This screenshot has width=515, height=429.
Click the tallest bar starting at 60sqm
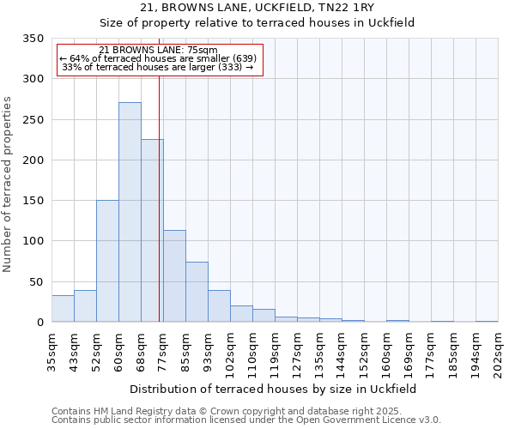[x=130, y=212]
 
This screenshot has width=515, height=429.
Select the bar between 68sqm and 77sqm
[x=152, y=230]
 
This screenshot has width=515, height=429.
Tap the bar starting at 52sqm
[x=107, y=261]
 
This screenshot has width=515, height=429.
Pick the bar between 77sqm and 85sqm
[x=174, y=275]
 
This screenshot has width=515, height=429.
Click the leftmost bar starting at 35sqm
[x=63, y=308]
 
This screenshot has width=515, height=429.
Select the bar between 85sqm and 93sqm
[x=197, y=292]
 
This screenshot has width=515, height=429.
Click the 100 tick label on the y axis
[x=33, y=241]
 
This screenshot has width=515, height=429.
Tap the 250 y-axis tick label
[x=33, y=120]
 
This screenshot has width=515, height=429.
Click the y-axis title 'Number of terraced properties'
[x=8, y=184]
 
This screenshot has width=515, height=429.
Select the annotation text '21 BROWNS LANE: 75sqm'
[x=158, y=51]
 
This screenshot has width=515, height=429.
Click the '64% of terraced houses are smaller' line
[x=158, y=58]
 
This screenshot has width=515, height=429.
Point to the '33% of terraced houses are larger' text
[x=158, y=67]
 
